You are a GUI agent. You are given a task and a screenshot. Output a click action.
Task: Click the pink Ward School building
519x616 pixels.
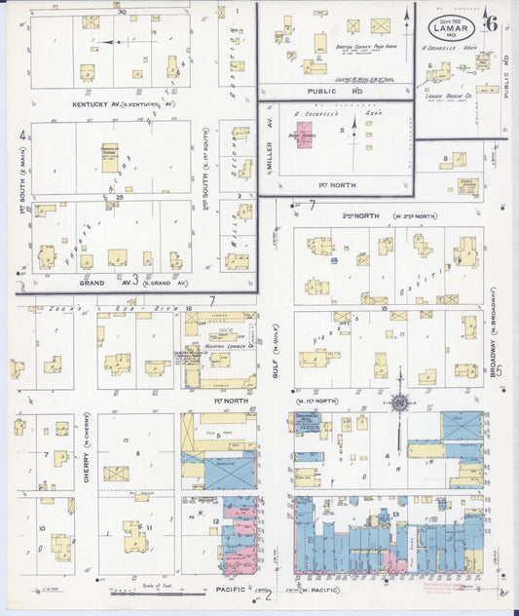coord(305,135)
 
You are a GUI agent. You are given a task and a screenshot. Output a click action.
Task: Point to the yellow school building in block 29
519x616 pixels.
coord(110,161)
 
